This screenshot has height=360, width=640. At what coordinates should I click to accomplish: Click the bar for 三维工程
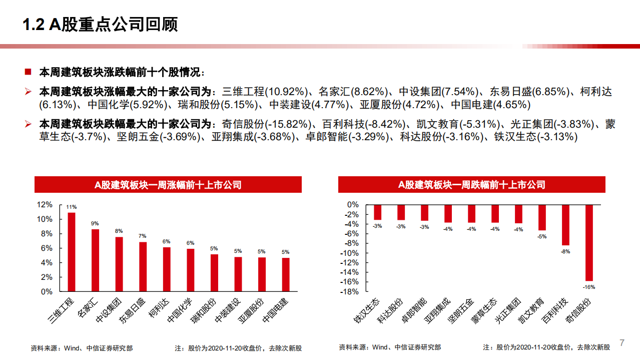(x=72, y=252)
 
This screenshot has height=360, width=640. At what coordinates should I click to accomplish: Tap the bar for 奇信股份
(x=589, y=242)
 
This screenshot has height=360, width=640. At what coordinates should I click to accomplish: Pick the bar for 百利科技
(x=565, y=225)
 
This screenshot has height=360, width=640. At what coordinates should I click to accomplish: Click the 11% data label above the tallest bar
(x=72, y=207)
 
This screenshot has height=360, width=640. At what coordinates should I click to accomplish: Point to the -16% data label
(x=589, y=287)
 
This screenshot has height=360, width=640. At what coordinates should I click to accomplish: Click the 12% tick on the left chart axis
(x=45, y=205)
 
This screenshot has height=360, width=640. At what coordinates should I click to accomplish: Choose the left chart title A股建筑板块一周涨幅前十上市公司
(x=168, y=185)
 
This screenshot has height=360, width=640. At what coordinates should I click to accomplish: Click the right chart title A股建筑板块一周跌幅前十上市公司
(x=471, y=185)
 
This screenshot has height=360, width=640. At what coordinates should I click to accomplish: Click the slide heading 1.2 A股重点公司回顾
(x=101, y=25)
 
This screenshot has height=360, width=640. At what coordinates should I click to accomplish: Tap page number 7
(x=622, y=343)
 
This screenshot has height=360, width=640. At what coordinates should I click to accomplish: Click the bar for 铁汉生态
(x=377, y=212)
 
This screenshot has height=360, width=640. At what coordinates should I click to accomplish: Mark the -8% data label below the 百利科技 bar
(x=565, y=251)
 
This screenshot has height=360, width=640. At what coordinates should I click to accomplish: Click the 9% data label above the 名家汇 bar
(x=95, y=223)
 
